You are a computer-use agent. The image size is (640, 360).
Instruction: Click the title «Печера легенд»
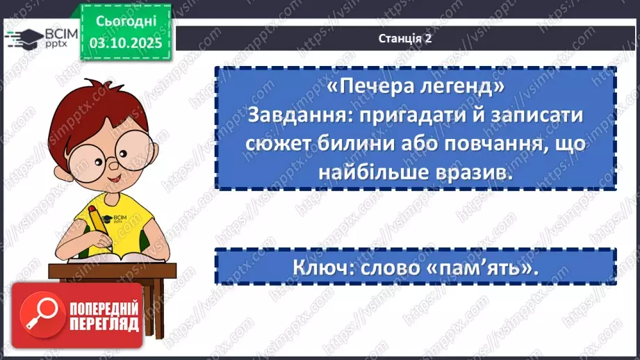tap(415, 88)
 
